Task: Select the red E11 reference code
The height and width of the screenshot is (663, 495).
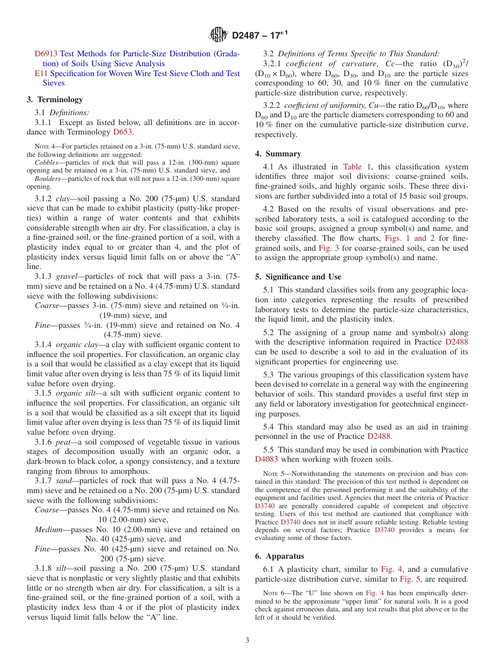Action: click(x=41, y=73)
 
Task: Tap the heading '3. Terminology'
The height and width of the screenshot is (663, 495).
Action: click(x=55, y=100)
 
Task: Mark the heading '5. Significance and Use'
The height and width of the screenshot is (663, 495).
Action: click(x=298, y=277)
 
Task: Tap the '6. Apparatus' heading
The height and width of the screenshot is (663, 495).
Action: click(x=280, y=556)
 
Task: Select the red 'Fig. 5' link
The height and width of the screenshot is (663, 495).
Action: click(x=410, y=579)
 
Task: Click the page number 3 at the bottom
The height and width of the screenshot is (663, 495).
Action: click(x=247, y=641)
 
